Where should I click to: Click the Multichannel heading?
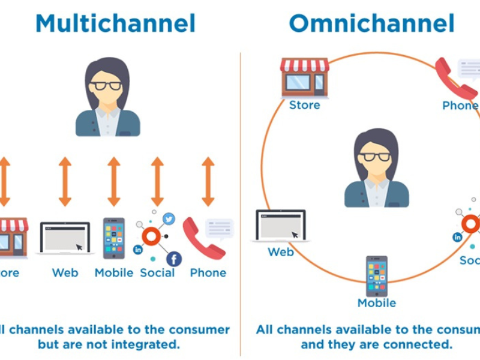(x=115, y=24)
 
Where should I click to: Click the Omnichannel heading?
(x=371, y=24)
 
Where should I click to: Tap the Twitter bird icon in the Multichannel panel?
(x=169, y=220)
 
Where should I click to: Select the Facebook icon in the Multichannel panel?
(x=174, y=259)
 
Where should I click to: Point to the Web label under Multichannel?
(x=65, y=273)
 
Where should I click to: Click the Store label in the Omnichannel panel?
(x=305, y=106)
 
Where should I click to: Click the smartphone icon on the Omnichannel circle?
(x=377, y=276)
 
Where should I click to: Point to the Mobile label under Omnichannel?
(x=377, y=303)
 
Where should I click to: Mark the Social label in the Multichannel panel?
(x=157, y=273)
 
